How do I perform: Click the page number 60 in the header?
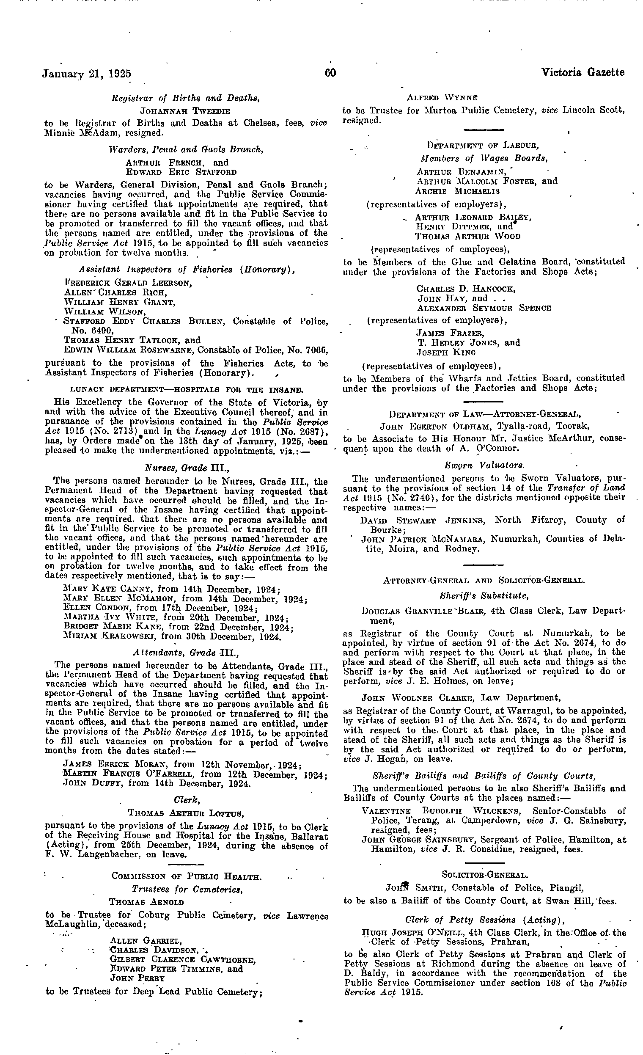tap(330, 73)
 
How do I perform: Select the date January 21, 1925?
tap(86, 74)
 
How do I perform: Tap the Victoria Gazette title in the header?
tap(583, 73)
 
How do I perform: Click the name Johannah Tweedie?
tap(185, 111)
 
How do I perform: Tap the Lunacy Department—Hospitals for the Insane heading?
tap(186, 390)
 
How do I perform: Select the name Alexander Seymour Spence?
tap(484, 308)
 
